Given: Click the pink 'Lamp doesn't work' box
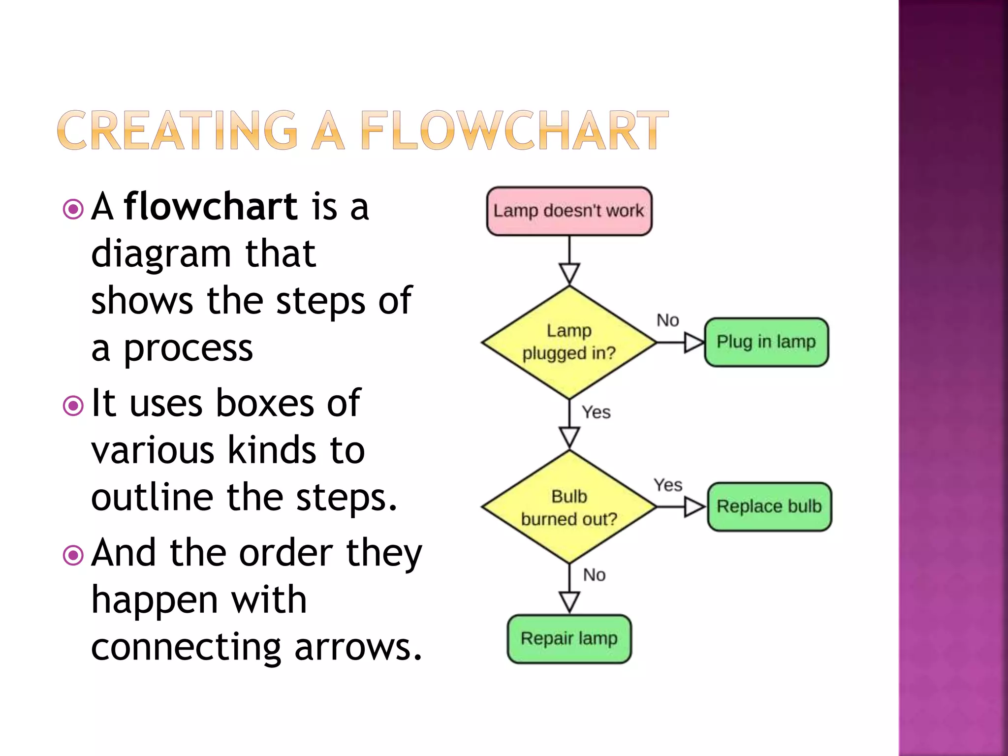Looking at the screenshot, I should [x=569, y=211].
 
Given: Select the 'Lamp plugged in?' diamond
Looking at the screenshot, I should [x=569, y=342].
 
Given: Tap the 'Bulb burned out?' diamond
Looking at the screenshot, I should [x=569, y=507].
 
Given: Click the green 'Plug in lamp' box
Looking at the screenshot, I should [x=766, y=342].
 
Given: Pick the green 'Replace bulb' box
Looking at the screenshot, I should [x=769, y=506].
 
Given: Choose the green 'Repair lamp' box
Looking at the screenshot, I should [x=569, y=639].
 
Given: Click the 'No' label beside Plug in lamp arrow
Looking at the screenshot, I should [x=667, y=320].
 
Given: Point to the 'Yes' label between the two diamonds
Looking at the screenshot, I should [x=596, y=412].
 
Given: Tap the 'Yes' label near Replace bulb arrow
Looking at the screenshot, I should [x=667, y=485].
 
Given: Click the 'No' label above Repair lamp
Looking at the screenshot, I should [x=594, y=575].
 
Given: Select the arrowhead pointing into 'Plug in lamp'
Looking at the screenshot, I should [x=694, y=342].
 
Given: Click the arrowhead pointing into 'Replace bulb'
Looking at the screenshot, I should [x=694, y=506].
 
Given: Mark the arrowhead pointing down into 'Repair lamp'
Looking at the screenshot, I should [x=569, y=601].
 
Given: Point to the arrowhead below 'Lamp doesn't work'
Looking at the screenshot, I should [x=569, y=273].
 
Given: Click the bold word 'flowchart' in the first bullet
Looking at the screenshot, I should [x=211, y=207].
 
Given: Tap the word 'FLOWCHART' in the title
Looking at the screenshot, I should [x=514, y=130].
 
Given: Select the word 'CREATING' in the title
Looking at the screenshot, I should [x=177, y=130].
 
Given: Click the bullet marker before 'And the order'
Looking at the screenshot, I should [x=73, y=556].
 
